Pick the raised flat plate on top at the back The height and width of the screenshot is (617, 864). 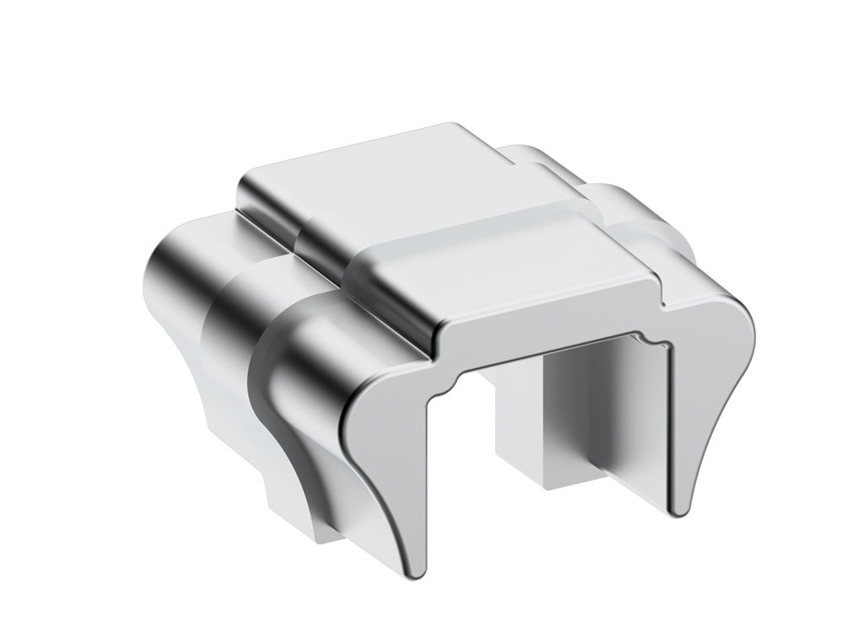pyautogui.click(x=380, y=181)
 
